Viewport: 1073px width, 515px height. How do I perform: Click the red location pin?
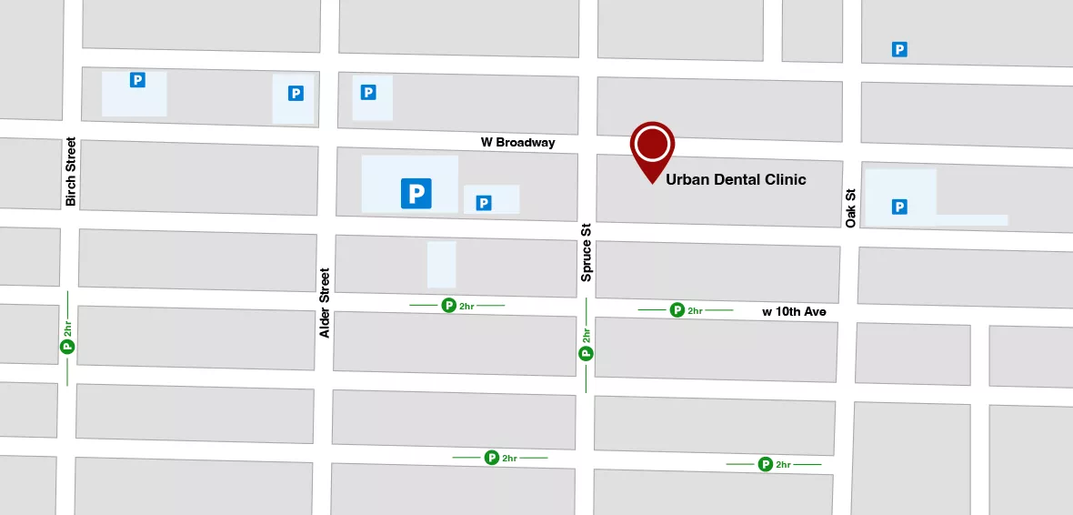pos(653,146)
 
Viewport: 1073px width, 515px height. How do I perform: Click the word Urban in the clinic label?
pos(688,179)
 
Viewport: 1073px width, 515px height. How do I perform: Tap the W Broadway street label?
pos(517,143)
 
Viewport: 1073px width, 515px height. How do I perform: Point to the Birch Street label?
pos(71,172)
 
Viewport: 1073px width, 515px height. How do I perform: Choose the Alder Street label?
pos(325,303)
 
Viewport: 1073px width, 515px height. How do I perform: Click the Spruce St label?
pos(587,252)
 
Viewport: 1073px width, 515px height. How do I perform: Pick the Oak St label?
pos(851,208)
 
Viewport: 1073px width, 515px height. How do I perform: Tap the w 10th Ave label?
pos(794,312)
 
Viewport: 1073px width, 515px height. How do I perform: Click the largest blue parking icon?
pos(416,192)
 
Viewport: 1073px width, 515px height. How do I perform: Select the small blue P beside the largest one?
pos(484,203)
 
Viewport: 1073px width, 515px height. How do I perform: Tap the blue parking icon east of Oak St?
pos(899,207)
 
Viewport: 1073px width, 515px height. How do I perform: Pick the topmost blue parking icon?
pos(899,49)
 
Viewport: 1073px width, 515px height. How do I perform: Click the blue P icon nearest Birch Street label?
pos(137,80)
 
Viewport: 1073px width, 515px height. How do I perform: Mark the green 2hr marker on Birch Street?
pos(66,346)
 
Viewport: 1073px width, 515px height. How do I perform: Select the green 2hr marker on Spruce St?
pos(586,353)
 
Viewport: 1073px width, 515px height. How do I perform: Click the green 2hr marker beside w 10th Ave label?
pos(677,310)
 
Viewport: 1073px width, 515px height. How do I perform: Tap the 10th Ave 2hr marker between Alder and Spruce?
pos(448,306)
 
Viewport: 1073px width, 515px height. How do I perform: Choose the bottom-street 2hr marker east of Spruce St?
pos(766,464)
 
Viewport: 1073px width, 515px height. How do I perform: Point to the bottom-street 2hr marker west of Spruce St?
pos(492,458)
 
